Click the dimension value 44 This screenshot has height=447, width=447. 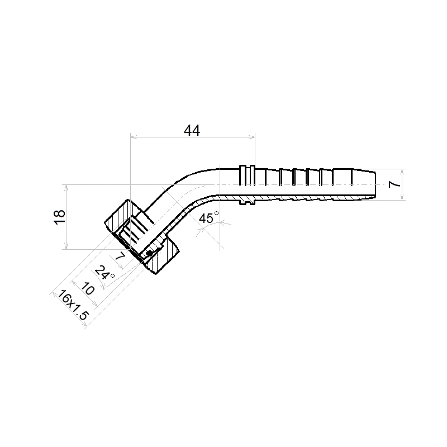tap(192, 130)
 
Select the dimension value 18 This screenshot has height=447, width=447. tap(60, 217)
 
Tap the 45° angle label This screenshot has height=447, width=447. tap(209, 218)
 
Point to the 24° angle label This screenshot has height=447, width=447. tap(104, 272)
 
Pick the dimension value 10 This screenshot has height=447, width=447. tap(88, 288)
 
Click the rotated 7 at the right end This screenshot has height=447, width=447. tap(395, 184)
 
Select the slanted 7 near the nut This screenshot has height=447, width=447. tap(120, 256)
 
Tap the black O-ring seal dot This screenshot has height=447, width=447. tap(149, 253)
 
